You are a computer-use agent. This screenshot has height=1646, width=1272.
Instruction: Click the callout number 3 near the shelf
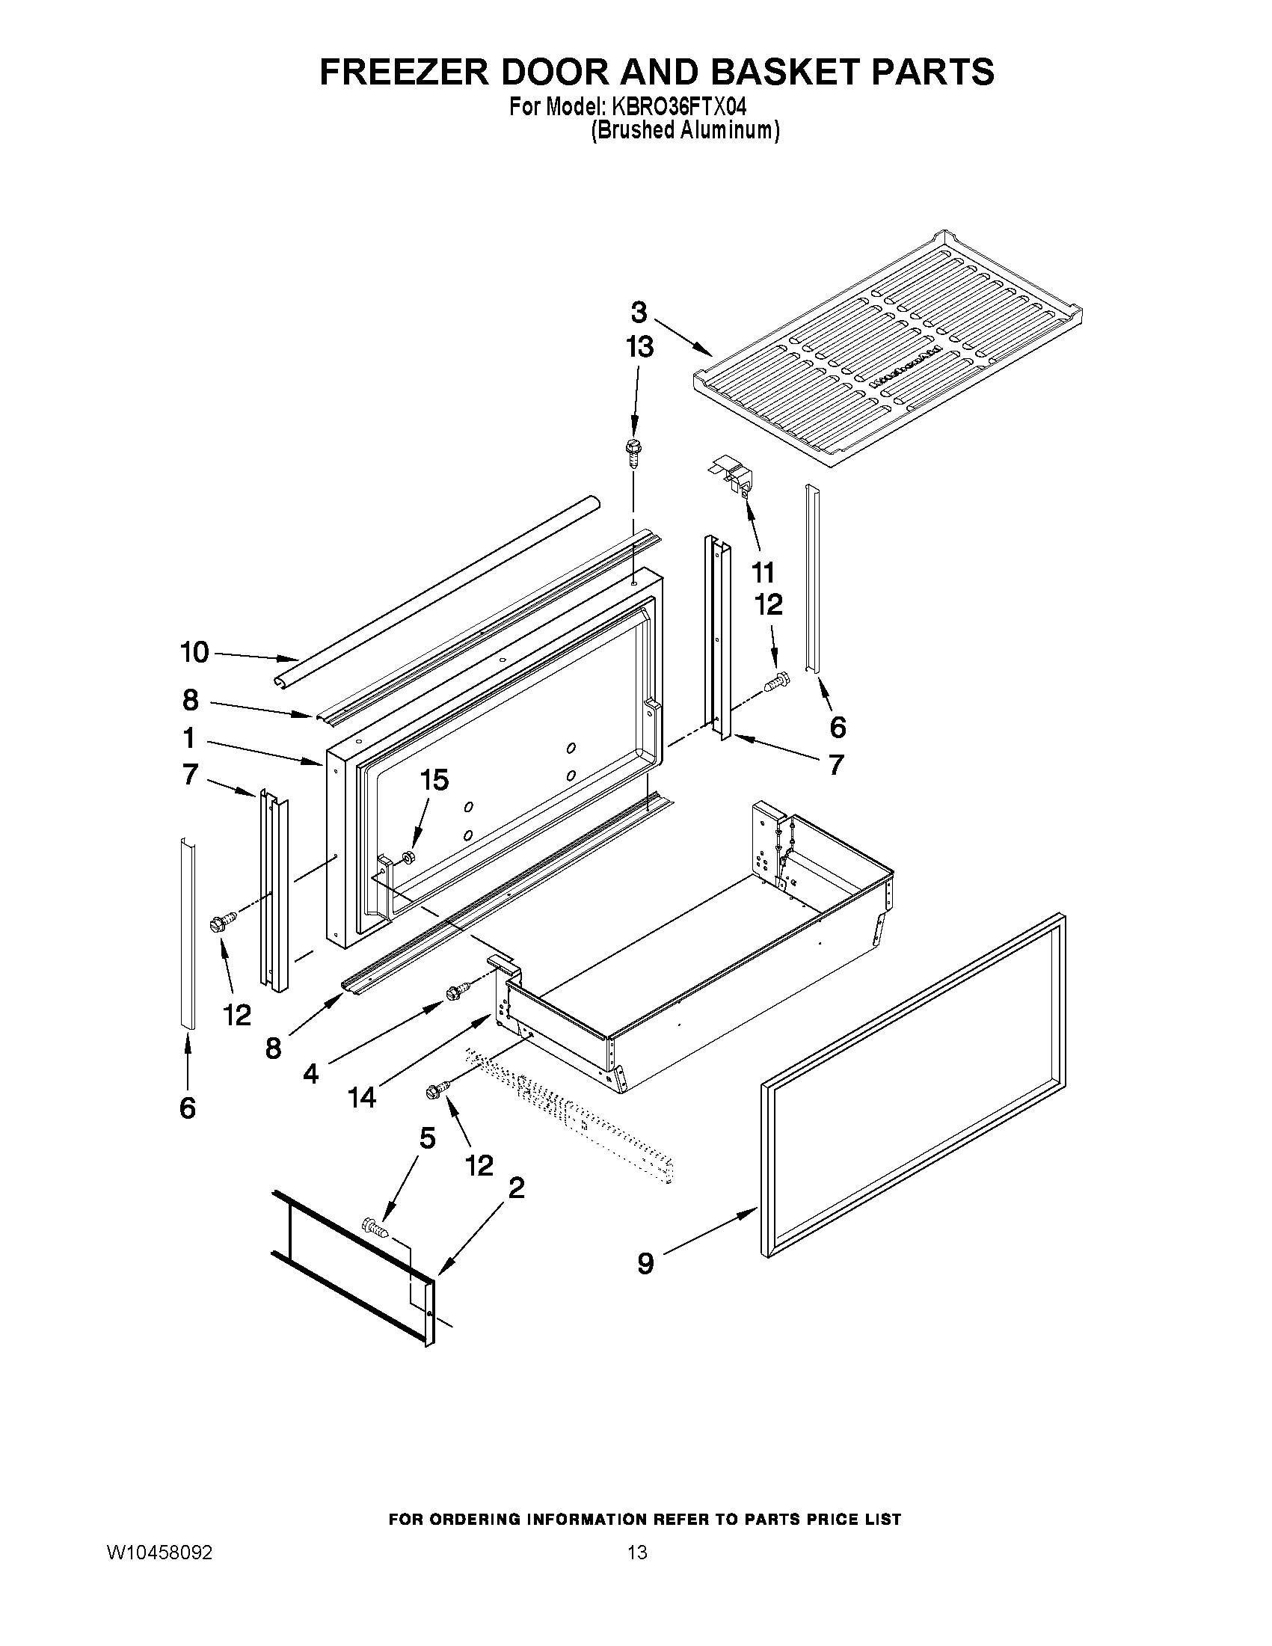pyautogui.click(x=639, y=312)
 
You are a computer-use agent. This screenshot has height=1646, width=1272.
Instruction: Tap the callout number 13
pyautogui.click(x=639, y=348)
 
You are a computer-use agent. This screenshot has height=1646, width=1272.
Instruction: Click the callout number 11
pyautogui.click(x=763, y=573)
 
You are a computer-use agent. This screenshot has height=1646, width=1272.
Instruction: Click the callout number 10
pyautogui.click(x=194, y=652)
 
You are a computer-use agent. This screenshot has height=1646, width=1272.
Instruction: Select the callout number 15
pyautogui.click(x=434, y=780)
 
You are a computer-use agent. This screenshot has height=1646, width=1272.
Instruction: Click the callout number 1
pyautogui.click(x=188, y=738)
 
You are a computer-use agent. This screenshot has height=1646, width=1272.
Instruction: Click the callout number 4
pyautogui.click(x=311, y=1073)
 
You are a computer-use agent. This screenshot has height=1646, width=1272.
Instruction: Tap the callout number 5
pyautogui.click(x=427, y=1138)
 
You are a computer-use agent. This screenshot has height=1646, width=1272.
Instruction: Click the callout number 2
pyautogui.click(x=517, y=1188)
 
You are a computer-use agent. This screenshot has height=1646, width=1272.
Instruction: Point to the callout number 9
pyautogui.click(x=646, y=1264)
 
